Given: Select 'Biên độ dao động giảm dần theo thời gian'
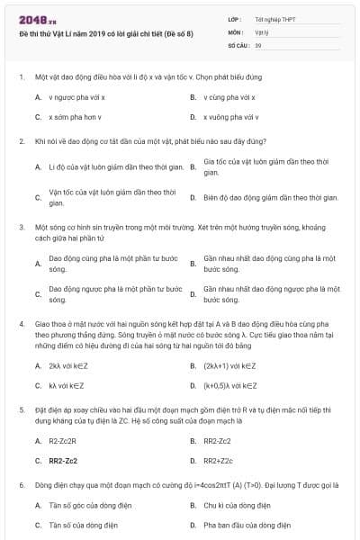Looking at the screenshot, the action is tap(270, 196).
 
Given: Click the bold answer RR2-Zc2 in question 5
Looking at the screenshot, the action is tap(63, 461).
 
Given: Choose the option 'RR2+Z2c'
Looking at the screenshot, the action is tap(218, 461).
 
